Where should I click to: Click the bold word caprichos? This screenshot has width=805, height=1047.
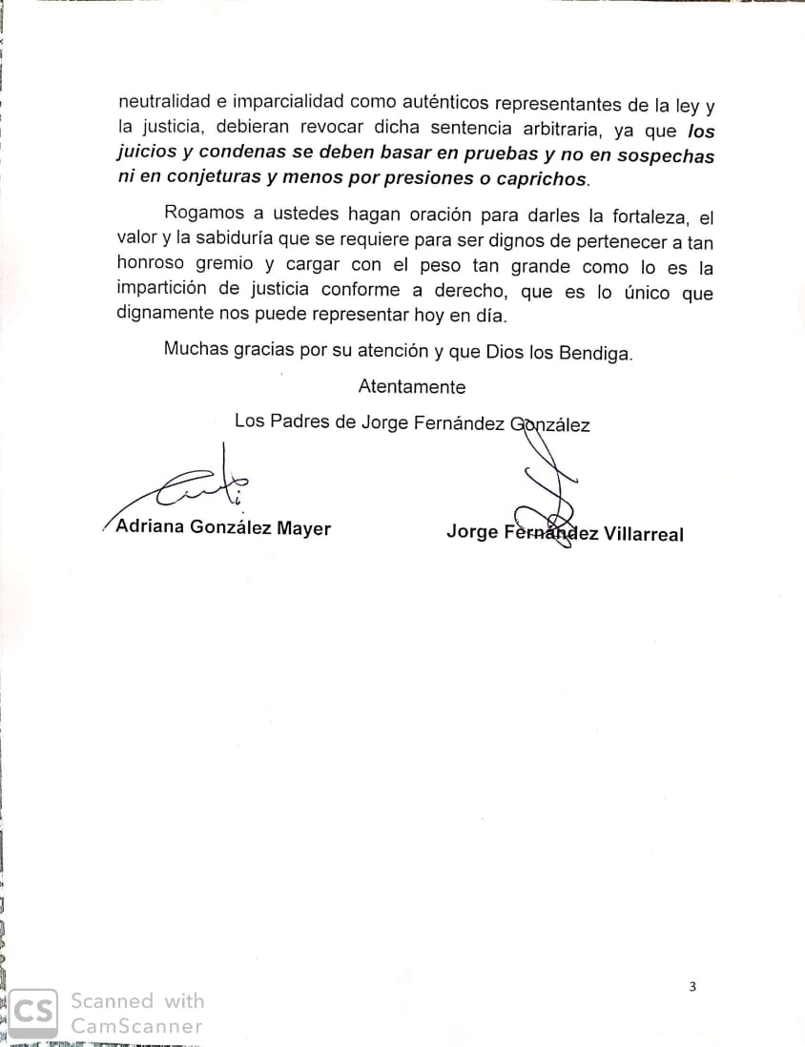(x=541, y=179)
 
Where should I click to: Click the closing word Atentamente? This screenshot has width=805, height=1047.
(x=412, y=387)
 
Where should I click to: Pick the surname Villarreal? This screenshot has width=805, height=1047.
(x=645, y=534)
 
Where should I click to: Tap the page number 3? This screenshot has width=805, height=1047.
(x=692, y=987)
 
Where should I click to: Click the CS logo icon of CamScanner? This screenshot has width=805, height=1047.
(x=32, y=1013)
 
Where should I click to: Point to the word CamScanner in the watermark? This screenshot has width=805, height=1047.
(x=136, y=1027)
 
